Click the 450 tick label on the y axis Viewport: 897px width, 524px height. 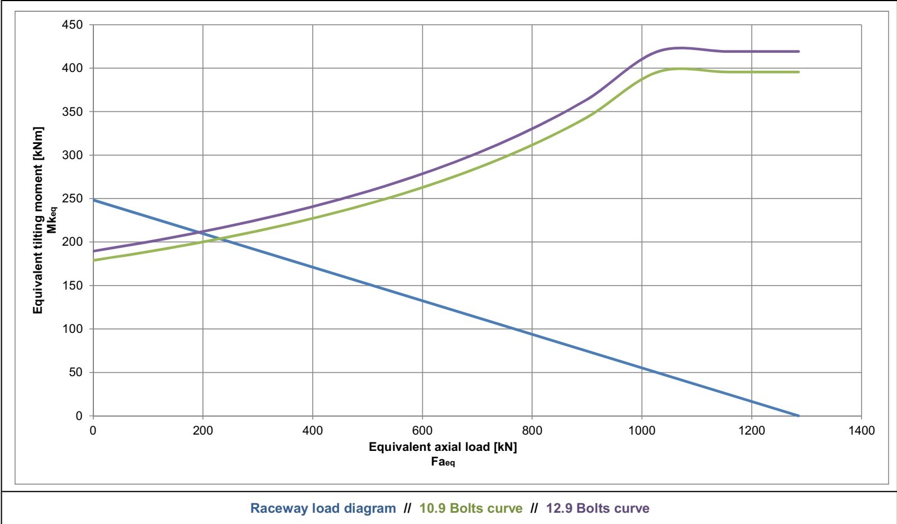72,25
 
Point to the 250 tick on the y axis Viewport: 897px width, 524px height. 72,198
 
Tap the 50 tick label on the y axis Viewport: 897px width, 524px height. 75,372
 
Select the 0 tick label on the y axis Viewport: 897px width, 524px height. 79,416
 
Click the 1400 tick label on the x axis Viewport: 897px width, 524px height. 861,431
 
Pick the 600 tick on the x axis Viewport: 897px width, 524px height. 422,431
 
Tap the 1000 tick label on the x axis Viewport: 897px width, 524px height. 642,431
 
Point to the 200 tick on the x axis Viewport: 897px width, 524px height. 203,431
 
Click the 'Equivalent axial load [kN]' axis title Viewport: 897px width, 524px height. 443,447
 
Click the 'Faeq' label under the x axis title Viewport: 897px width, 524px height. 443,462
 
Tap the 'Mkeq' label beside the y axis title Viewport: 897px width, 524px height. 52,220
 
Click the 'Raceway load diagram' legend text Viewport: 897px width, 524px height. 323,508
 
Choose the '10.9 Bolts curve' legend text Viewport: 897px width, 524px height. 471,508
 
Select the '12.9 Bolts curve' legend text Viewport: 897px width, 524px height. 597,508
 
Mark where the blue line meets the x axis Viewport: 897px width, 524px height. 799,415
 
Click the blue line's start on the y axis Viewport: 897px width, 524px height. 93,200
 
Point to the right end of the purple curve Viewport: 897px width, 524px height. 799,52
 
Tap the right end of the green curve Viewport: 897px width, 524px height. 799,72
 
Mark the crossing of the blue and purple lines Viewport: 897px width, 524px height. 199,232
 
